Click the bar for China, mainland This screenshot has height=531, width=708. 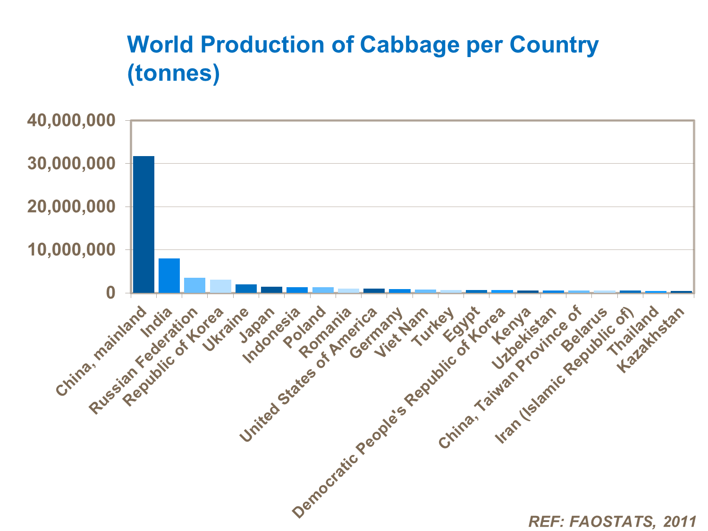click(143, 224)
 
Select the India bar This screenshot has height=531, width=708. click(169, 275)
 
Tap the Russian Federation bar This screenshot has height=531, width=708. click(194, 285)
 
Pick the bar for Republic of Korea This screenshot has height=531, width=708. click(220, 286)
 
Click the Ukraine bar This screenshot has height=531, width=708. click(246, 289)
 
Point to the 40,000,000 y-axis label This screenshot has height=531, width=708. click(71, 120)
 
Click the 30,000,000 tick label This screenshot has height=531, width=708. click(71, 164)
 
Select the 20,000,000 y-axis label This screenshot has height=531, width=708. click(71, 207)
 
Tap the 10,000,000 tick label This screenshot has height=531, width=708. click(71, 249)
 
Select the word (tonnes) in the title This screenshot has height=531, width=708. click(173, 73)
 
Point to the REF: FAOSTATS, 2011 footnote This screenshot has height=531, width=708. click(612, 521)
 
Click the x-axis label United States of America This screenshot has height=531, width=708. click(310, 375)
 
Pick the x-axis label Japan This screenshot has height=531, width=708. click(258, 325)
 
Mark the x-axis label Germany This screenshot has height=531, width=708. click(377, 332)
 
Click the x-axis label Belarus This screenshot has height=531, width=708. click(584, 329)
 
